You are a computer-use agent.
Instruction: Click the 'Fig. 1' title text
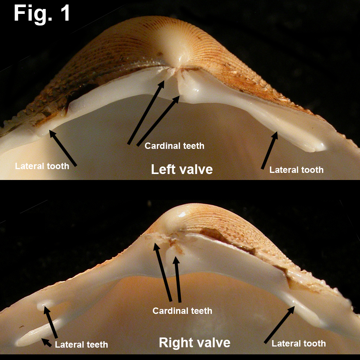pyautogui.click(x=42, y=14)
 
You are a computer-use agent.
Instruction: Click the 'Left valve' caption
pyautogui.click(x=182, y=169)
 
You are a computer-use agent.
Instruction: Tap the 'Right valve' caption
pyautogui.click(x=195, y=342)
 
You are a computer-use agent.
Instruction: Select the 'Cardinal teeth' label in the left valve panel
pyautogui.click(x=174, y=146)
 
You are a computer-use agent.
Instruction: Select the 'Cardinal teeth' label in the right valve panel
pyautogui.click(x=182, y=310)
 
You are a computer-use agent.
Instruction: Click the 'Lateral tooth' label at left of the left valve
pyautogui.click(x=42, y=166)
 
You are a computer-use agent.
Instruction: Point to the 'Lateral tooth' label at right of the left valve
pyautogui.click(x=296, y=170)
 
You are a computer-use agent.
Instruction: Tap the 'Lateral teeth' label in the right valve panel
pyautogui.click(x=81, y=344)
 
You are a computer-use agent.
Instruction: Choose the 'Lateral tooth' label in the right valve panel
pyautogui.click(x=299, y=343)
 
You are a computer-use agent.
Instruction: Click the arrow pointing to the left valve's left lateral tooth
pyautogui.click(x=63, y=148)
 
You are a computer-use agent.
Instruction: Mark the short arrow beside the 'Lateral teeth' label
pyautogui.click(x=46, y=342)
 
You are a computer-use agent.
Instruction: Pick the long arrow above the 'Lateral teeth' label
pyautogui.click(x=51, y=322)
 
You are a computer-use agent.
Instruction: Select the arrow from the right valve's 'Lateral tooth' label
pyautogui.click(x=279, y=325)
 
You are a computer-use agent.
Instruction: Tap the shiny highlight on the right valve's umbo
pyautogui.click(x=182, y=214)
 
